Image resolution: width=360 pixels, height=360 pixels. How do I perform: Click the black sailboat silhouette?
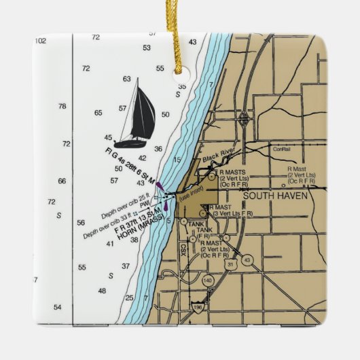pyautogui.click(x=135, y=115)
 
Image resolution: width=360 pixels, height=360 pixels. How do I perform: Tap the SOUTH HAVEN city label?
pyautogui.click(x=275, y=196)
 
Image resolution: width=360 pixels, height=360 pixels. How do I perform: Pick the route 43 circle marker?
pyautogui.click(x=247, y=260)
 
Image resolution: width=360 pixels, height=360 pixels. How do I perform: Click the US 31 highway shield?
pyautogui.click(x=230, y=264)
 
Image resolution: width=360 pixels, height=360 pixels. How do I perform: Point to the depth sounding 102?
pyautogui.click(x=40, y=41)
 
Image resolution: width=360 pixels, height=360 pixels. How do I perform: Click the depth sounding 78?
pyautogui.click(x=62, y=107)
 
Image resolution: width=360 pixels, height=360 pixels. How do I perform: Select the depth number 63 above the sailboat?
pyautogui.click(x=127, y=79)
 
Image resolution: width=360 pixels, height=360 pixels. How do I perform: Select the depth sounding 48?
pyautogui.click(x=102, y=291)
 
